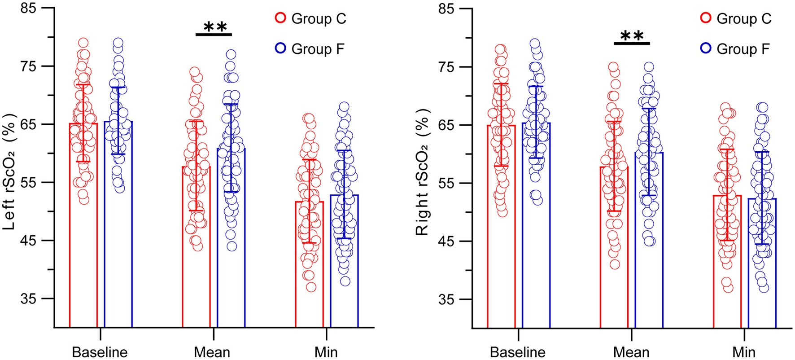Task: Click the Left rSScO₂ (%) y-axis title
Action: [10, 168]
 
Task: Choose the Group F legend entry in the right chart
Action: [736, 49]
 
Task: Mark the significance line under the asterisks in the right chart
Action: [632, 44]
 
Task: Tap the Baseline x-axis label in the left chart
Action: [100, 352]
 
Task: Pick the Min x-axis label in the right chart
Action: [744, 352]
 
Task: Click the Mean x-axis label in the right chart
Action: [631, 352]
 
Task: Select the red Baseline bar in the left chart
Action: [83, 269]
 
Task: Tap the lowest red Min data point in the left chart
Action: [311, 287]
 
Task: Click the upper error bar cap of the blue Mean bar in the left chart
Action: [231, 104]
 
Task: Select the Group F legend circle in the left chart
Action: [281, 48]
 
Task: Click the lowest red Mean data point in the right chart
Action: [615, 264]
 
